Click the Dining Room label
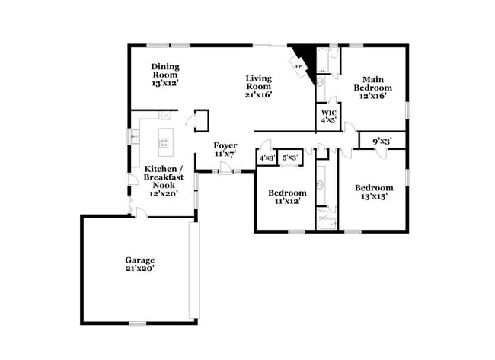164,71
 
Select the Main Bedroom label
372,84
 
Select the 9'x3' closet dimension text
382,141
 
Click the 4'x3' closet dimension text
267,158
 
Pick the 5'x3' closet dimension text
289,158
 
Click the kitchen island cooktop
164,142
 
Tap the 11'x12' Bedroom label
287,197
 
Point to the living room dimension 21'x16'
259,95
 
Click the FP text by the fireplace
298,66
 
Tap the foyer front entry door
226,169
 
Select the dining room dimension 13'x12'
164,83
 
